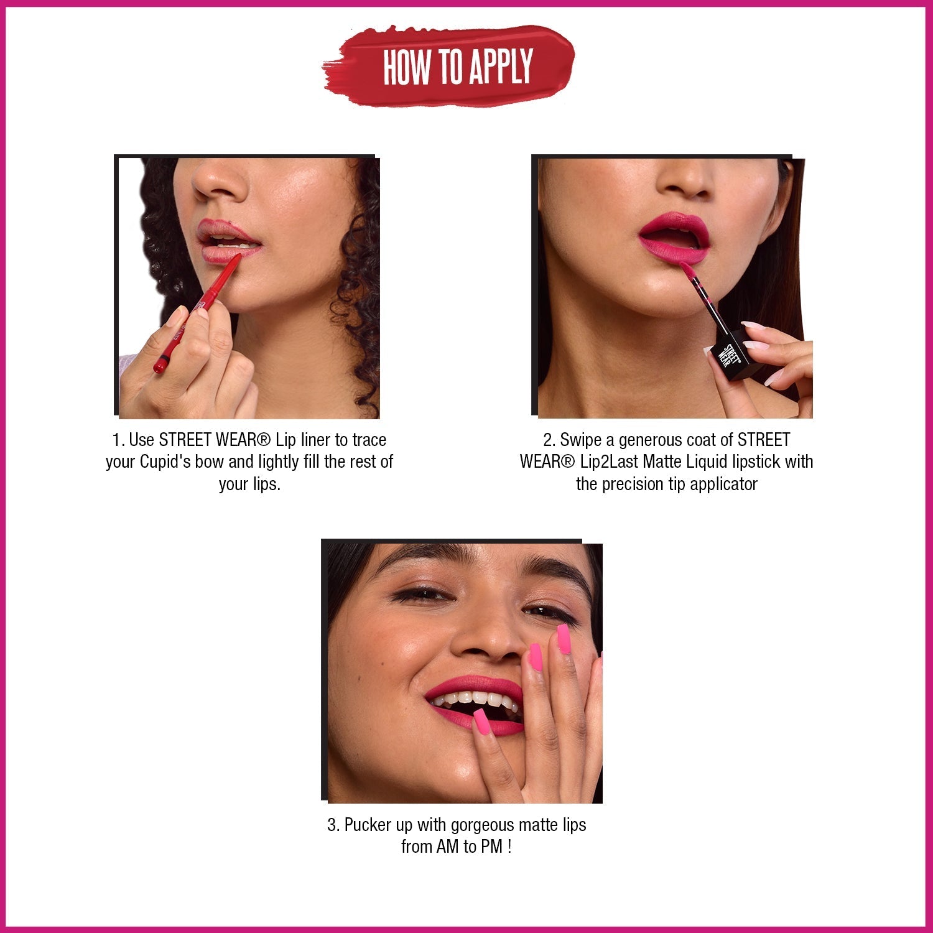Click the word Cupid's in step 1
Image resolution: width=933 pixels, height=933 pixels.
click(165, 462)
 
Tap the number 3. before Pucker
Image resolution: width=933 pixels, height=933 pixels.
click(334, 825)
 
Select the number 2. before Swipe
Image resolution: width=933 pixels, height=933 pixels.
click(549, 440)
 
